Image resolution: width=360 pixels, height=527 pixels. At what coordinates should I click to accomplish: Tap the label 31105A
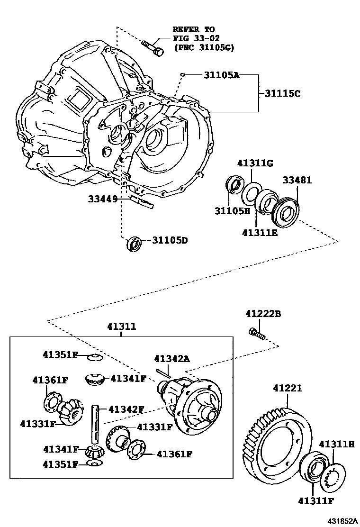tap(222, 75)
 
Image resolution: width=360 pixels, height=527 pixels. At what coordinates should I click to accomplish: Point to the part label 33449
tap(102, 199)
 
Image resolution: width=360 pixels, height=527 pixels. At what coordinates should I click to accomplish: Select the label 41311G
tap(255, 164)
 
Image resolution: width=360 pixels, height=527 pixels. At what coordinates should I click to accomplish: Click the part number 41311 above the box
tap(121, 327)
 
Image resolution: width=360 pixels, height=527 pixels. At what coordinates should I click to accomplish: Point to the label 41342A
tap(172, 359)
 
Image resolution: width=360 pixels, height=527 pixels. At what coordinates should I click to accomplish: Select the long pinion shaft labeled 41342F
tap(95, 424)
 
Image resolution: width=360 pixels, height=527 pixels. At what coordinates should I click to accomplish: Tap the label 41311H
tap(336, 444)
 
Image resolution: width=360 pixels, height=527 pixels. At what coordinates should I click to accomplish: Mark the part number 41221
tap(287, 388)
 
